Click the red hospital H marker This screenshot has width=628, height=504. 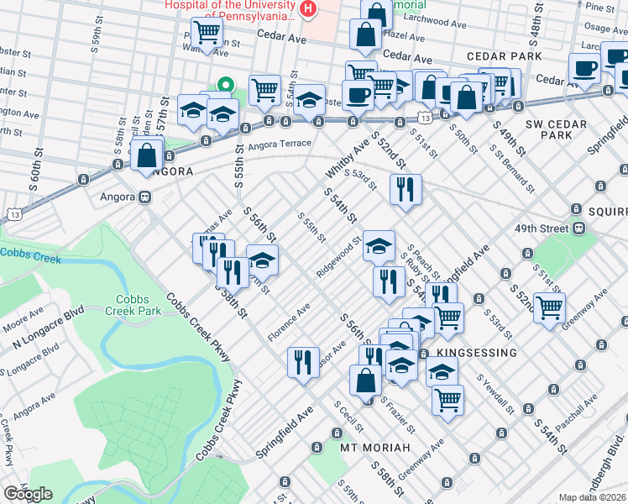pyautogui.click(x=309, y=10)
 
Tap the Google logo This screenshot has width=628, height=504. pyautogui.click(x=28, y=494)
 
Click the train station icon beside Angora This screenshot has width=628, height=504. pyautogui.click(x=144, y=197)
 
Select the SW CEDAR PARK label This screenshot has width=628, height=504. pyautogui.click(x=555, y=129)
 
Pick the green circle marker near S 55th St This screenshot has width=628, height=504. pyautogui.click(x=224, y=84)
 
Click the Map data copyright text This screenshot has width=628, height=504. pyautogui.click(x=592, y=497)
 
